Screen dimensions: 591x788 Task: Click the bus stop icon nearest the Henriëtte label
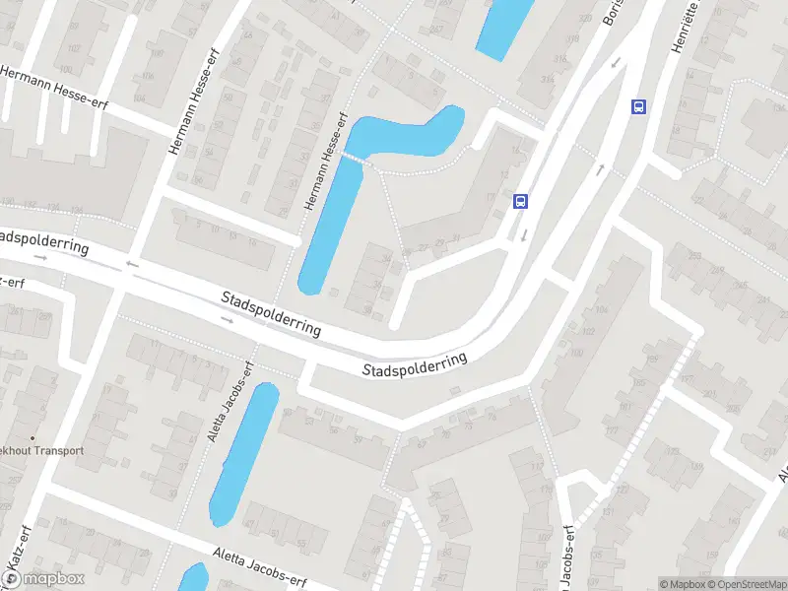[x=638, y=107]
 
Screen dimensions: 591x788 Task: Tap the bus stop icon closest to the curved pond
[x=521, y=202]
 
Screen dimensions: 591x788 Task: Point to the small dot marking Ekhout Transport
[x=33, y=438]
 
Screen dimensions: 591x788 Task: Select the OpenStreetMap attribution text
[x=744, y=584]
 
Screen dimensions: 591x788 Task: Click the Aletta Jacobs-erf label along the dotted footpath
[x=230, y=401]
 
